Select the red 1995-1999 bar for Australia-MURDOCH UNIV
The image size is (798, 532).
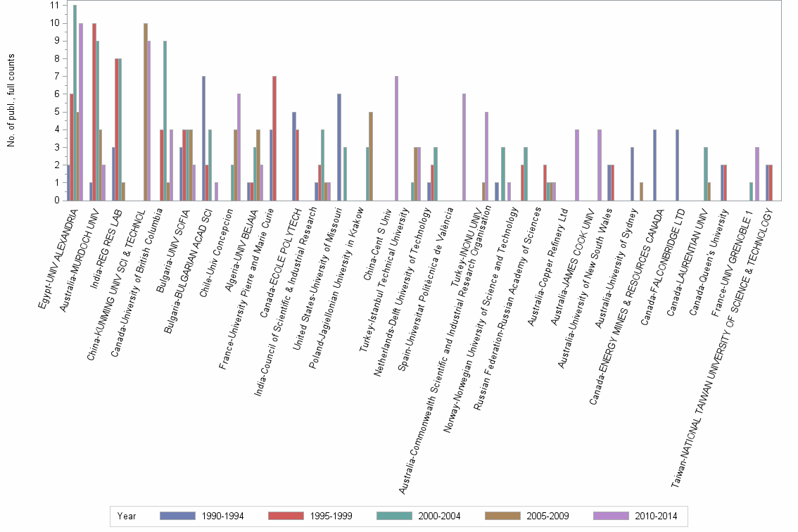click(x=94, y=112)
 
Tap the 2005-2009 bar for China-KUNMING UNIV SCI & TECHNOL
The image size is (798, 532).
click(x=146, y=112)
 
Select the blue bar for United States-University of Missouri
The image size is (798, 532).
click(x=339, y=147)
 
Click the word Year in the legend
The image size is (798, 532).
click(x=127, y=516)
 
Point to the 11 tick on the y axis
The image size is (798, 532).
click(x=54, y=6)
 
